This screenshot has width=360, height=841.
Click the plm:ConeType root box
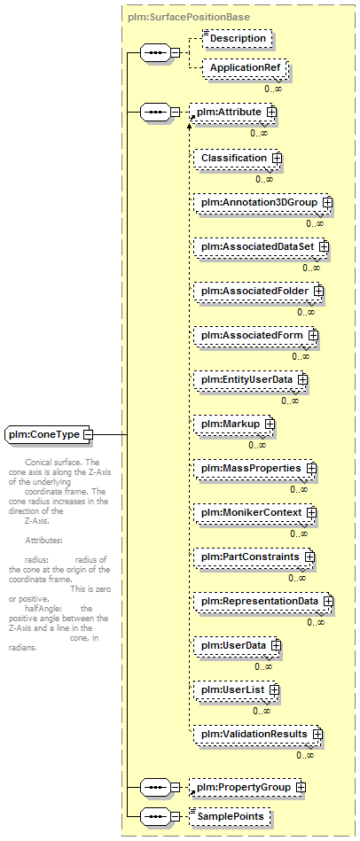pyautogui.click(x=47, y=434)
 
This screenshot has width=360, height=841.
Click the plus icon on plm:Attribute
pyautogui.click(x=271, y=112)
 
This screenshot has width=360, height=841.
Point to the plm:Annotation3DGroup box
pyautogui.click(x=262, y=203)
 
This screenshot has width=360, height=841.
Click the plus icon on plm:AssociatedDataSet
pyautogui.click(x=324, y=246)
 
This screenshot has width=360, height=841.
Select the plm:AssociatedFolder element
pyautogui.click(x=257, y=291)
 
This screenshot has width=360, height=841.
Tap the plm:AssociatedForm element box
pyautogui.click(x=254, y=335)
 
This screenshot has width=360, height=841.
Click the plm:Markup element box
pyautogui.click(x=232, y=424)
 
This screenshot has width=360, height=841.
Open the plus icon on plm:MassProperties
pyautogui.click(x=310, y=468)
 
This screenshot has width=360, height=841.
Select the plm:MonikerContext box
pyautogui.click(x=254, y=512)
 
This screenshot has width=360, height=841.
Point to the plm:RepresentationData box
pyautogui.click(x=262, y=601)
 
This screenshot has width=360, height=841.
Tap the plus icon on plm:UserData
pyautogui.click(x=275, y=645)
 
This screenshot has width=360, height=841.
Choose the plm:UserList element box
pyautogui.click(x=235, y=689)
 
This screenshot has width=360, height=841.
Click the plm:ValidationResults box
pyautogui.click(x=256, y=734)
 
